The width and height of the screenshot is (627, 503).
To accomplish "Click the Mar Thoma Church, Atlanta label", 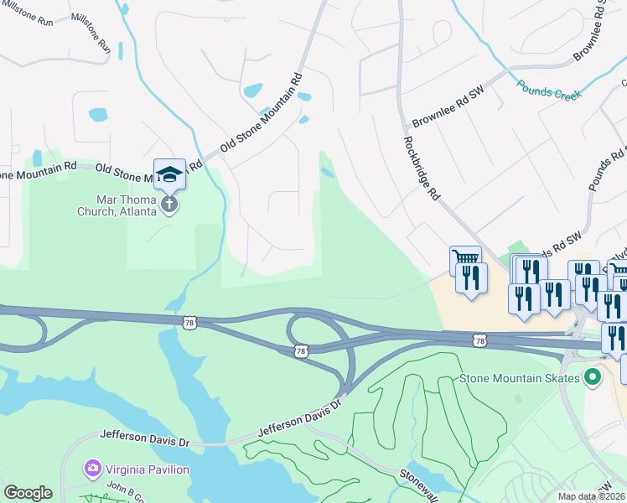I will coord(126,205).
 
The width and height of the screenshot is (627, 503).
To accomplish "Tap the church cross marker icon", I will coord(169,204).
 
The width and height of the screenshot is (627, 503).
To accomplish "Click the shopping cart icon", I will coord(464,258).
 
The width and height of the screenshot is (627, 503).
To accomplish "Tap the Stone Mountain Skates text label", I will coord(520,378).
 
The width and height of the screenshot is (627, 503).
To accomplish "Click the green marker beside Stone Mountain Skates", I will coord(593,377).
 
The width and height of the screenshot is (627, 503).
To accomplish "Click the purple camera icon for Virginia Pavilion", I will coord(92,468).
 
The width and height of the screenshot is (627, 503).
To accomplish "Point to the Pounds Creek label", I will coord(549,90).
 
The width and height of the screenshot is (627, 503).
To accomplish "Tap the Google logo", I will coord(28,493).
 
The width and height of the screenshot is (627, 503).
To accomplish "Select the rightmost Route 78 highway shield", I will coord(479,340).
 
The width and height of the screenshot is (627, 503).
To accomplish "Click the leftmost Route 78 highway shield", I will coord(189,321).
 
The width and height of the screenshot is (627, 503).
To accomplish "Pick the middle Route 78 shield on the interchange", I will coord(300,351).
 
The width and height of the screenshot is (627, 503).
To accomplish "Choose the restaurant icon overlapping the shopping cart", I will coord(472,277).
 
